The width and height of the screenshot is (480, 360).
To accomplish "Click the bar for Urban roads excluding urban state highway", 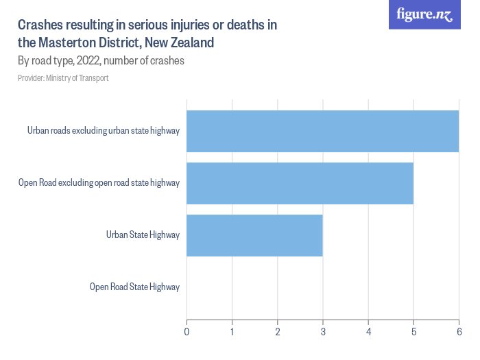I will click(x=322, y=131).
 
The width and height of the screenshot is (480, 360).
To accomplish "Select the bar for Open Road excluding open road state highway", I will click(x=300, y=183).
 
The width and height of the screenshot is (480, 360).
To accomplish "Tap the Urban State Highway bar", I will click(x=254, y=235).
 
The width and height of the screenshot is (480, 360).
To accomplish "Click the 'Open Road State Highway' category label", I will click(x=134, y=287).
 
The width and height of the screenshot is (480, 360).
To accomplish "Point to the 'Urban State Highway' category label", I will click(x=143, y=235).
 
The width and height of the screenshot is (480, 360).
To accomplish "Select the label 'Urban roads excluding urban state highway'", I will click(x=104, y=131).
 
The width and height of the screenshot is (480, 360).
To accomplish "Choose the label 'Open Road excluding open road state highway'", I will click(x=99, y=183).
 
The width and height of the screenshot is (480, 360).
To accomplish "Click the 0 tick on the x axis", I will click(x=187, y=332).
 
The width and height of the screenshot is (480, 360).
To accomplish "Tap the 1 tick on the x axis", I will click(x=232, y=332).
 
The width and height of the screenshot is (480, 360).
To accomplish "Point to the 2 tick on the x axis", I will click(x=277, y=332).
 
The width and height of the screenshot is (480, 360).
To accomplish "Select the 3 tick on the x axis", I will click(x=323, y=332).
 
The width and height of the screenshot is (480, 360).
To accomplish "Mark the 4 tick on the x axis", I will click(x=368, y=332).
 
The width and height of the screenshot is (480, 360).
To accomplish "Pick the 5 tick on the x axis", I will click(x=413, y=332).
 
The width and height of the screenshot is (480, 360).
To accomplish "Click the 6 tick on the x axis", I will click(x=459, y=332).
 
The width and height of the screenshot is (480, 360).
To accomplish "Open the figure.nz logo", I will click(x=424, y=15).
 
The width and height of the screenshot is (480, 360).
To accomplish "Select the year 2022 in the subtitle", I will click(x=89, y=60).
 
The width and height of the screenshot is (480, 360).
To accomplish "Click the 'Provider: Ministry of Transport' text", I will click(x=63, y=78).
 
